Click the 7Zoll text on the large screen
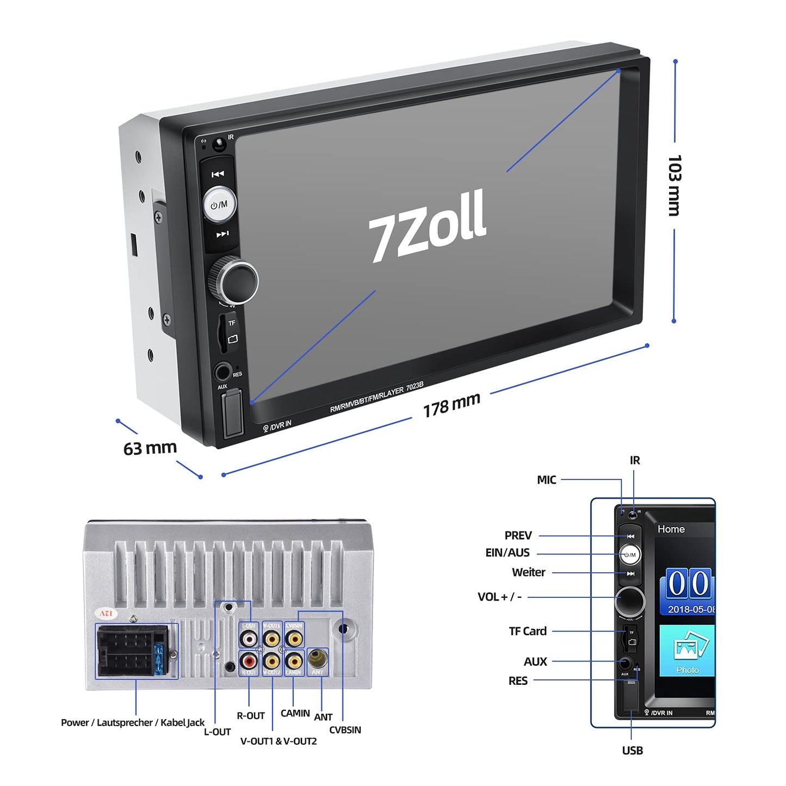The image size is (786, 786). coord(428,225)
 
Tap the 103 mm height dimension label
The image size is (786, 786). coord(674,185)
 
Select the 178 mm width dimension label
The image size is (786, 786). coord(451,405)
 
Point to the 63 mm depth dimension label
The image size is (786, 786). coord(150,448)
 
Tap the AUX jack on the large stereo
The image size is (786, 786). coord(222,373)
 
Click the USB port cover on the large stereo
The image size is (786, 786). coord(233,414)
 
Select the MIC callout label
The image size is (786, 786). coord(546,480)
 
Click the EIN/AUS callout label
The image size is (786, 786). coord(507,553)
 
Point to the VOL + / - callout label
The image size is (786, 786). coord(499,597)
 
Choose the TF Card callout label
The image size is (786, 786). coord(528,631)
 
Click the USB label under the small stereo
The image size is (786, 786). coord(632,751)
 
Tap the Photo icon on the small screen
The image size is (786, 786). coord(687,651)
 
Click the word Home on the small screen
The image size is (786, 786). coord(671,529)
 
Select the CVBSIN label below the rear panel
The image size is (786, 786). coord(345,730)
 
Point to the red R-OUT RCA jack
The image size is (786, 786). coord(249,661)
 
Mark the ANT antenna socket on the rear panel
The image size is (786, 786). coord(318,659)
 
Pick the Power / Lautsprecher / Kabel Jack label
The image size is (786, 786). coord(133,722)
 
